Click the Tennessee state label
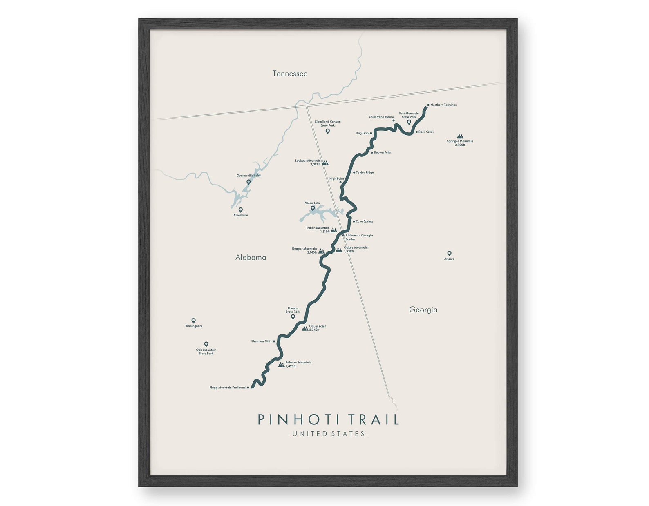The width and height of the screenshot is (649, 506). click(x=290, y=74)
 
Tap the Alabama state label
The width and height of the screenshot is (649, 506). click(x=251, y=257)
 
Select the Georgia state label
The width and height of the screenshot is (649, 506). click(x=423, y=310)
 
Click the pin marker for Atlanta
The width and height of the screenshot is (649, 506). click(x=449, y=253)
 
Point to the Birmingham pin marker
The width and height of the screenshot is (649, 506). click(x=193, y=321)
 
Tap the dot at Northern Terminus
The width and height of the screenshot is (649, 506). click(x=428, y=105)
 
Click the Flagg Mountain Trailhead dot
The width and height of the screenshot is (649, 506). click(x=248, y=388)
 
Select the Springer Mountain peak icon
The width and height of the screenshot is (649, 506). click(x=460, y=136)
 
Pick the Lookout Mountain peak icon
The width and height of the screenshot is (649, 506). click(x=325, y=163)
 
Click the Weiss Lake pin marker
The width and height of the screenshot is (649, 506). click(x=313, y=208)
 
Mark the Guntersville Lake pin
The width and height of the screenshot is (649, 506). click(x=248, y=182)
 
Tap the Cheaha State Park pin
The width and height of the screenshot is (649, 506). click(x=293, y=317)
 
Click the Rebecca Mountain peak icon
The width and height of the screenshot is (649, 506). click(x=281, y=364)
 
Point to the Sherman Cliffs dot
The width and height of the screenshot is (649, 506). click(x=274, y=341)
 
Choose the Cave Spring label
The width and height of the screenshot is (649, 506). click(x=364, y=221)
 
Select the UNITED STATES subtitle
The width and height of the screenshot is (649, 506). click(x=329, y=434)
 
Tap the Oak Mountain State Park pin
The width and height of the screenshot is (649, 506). click(x=206, y=344)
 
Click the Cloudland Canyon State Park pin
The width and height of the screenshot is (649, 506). click(x=327, y=131)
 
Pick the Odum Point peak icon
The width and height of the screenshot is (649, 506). click(x=305, y=328)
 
